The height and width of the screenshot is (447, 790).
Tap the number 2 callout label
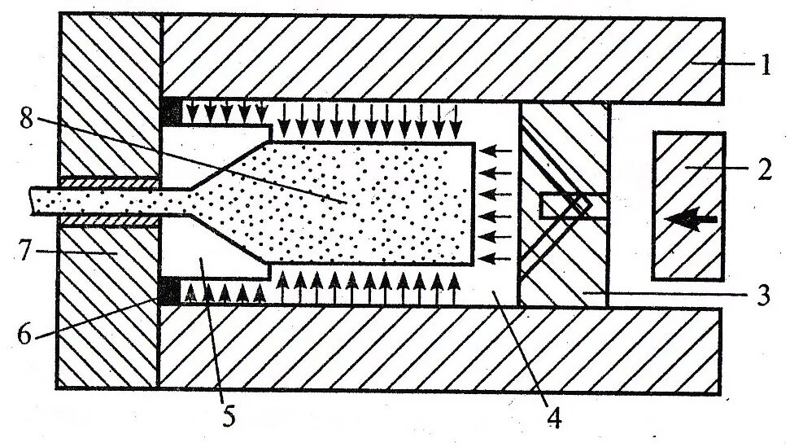click(x=764, y=169)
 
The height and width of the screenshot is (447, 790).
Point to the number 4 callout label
click(x=553, y=418)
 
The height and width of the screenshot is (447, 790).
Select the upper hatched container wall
click(x=439, y=57)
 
